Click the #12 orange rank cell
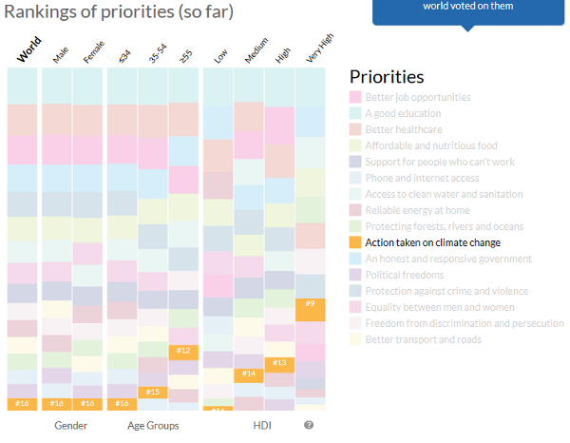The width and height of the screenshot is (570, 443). tap(183, 352)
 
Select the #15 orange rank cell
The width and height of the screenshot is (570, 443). tap(152, 392)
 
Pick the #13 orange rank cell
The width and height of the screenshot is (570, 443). tap(279, 362)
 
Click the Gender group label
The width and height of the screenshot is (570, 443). tap(71, 425)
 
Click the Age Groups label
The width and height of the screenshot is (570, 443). tap(153, 425)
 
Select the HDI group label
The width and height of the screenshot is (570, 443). tap(263, 425)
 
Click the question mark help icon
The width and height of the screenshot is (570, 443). tap(309, 425)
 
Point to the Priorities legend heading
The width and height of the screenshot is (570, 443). tap(387, 77)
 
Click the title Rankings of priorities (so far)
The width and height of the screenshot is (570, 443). tap(119, 12)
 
